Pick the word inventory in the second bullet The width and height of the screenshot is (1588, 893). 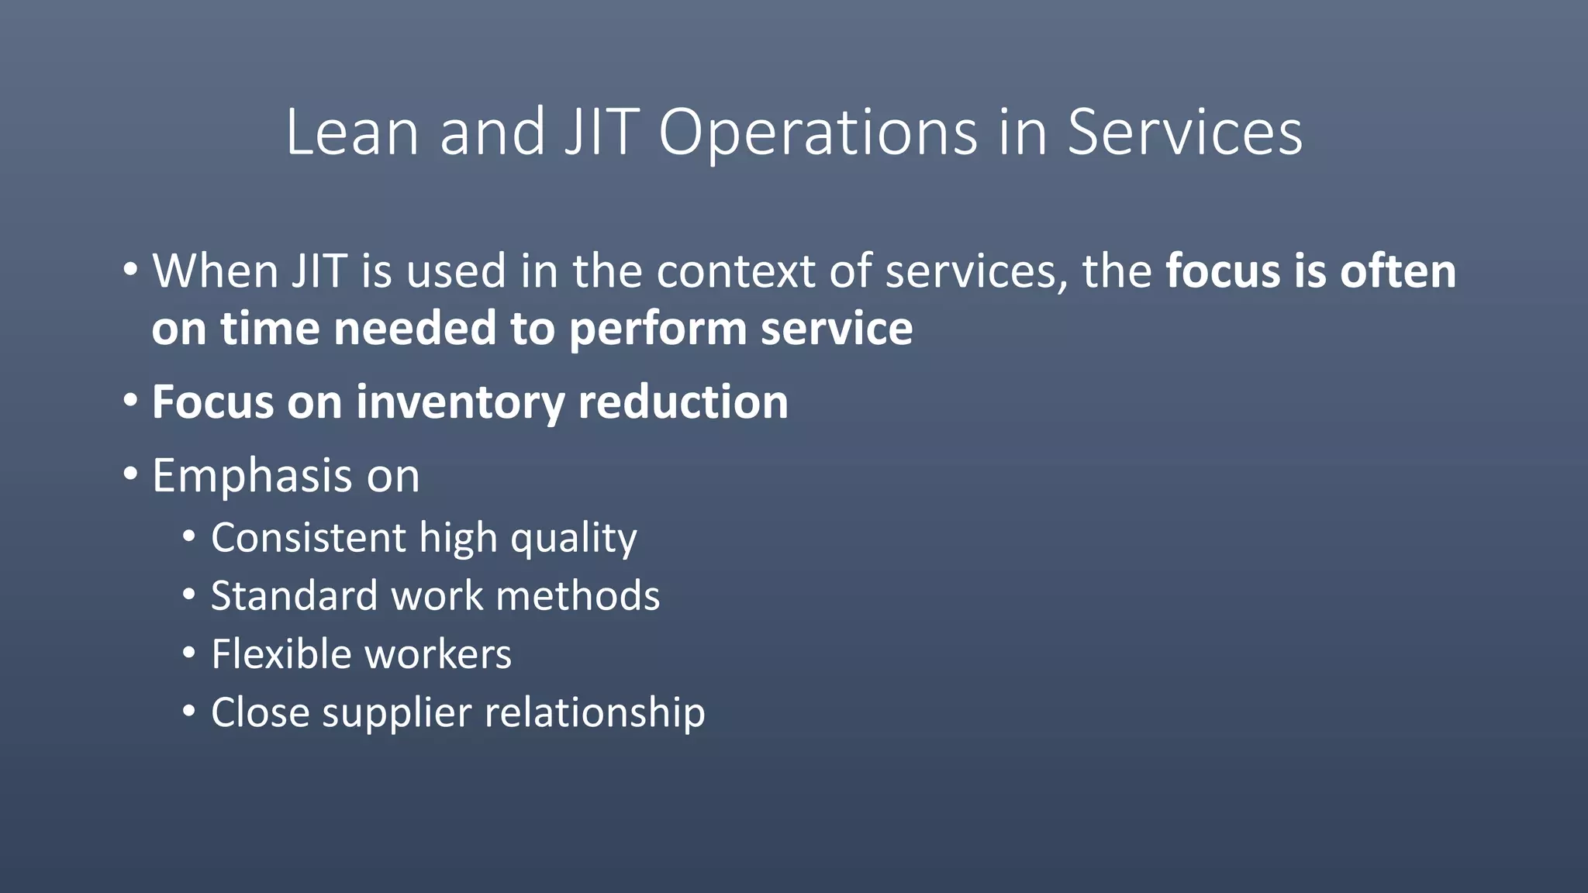(x=461, y=403)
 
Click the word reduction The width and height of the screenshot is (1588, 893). (x=682, y=402)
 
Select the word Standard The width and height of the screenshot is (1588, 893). (x=294, y=596)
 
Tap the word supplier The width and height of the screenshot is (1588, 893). (x=396, y=713)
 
